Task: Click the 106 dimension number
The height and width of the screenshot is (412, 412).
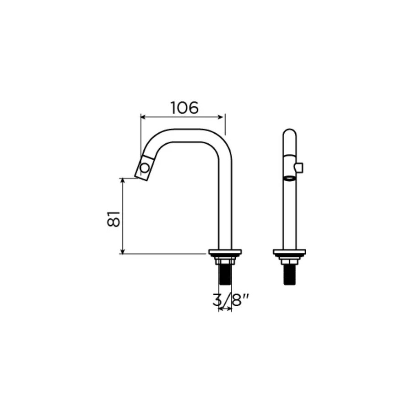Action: (184, 108)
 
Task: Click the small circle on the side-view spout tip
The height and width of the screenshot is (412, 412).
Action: (145, 168)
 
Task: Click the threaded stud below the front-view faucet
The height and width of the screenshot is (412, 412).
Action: (289, 275)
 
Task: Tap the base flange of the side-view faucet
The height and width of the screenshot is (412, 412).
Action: (225, 252)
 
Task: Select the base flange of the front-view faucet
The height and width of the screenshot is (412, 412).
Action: (289, 252)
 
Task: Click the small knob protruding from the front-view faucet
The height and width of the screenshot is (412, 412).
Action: (300, 168)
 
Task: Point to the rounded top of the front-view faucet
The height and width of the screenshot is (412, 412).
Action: (289, 134)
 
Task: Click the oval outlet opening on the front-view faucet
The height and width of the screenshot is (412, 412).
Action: (289, 178)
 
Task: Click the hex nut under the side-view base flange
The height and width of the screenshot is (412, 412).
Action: (225, 261)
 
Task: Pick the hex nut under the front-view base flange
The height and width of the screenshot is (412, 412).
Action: (289, 261)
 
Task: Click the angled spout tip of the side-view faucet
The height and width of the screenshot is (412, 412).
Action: (143, 168)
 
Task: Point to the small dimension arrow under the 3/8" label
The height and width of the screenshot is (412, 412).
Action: (225, 309)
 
